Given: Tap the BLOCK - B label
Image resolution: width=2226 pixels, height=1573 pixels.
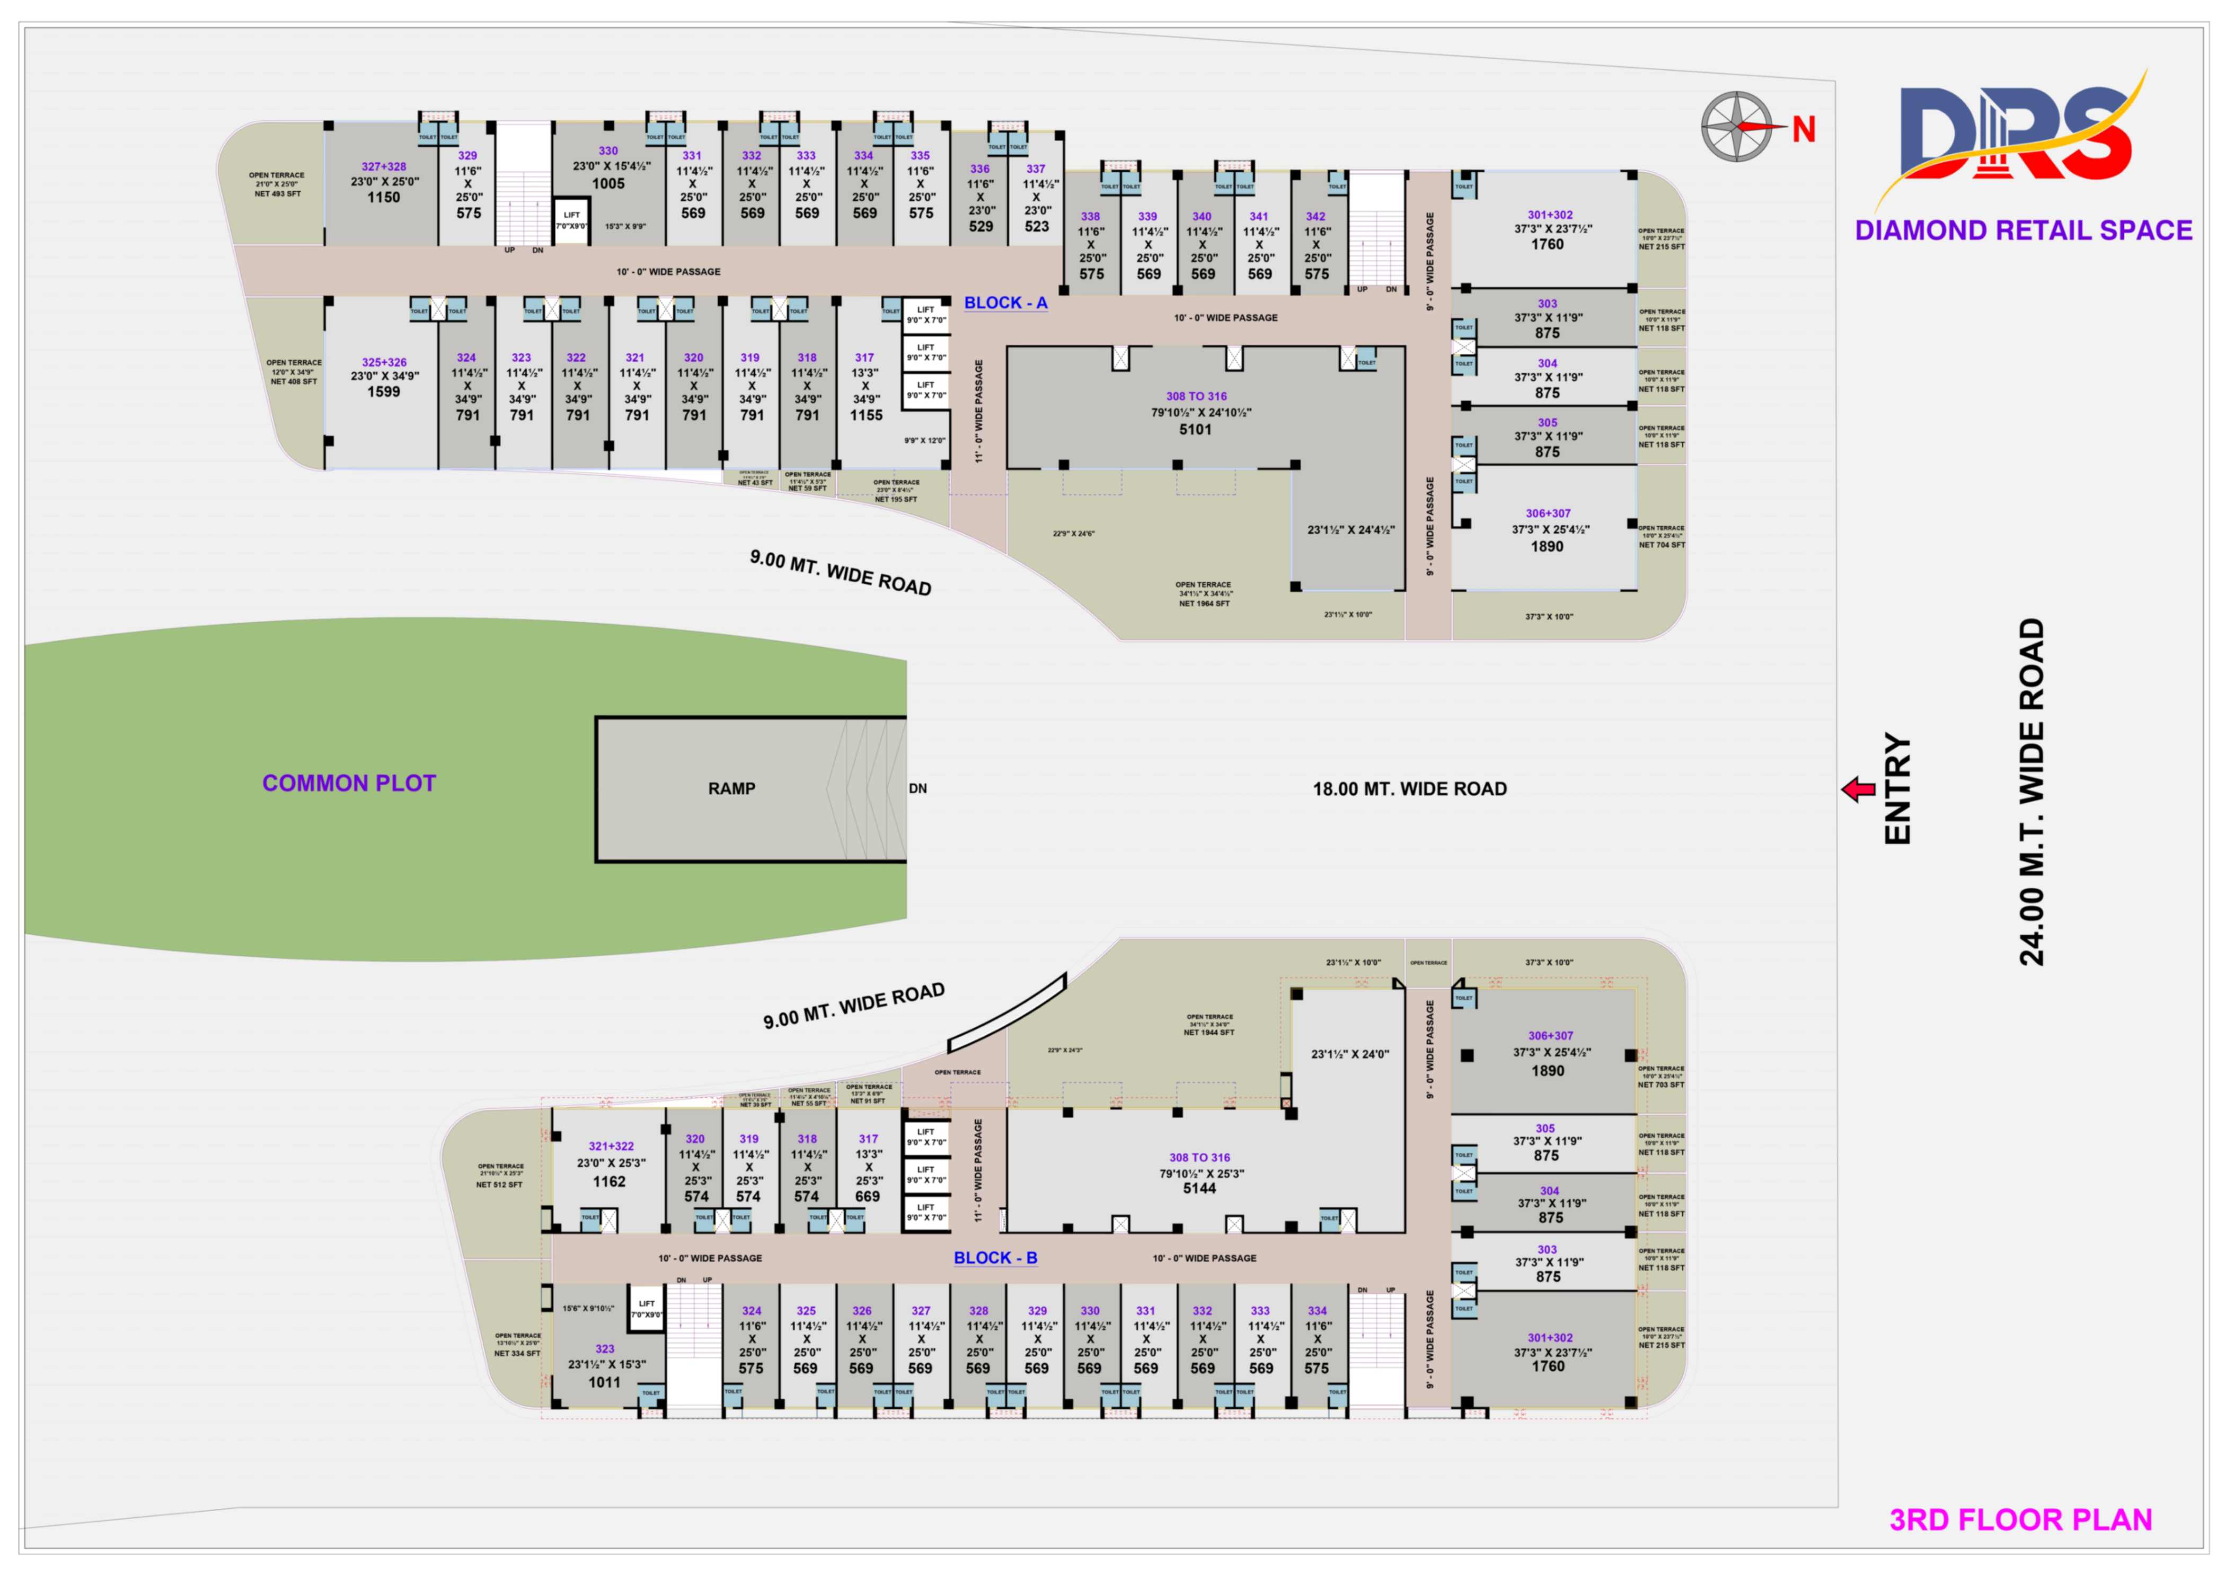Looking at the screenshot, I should pos(995,1257).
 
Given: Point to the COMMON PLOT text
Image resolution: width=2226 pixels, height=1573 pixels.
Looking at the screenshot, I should pos(349,783).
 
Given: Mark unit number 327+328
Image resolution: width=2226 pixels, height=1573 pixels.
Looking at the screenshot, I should pos(384,167).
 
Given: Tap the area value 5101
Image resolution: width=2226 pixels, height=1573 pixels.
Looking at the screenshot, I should pos(1195,429).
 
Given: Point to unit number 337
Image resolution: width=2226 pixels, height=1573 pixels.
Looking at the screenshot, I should pos(1036,168).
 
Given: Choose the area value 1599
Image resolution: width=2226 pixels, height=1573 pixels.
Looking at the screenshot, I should pos(383,392).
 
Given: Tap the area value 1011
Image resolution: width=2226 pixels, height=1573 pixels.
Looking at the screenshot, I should pos(604,1382).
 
